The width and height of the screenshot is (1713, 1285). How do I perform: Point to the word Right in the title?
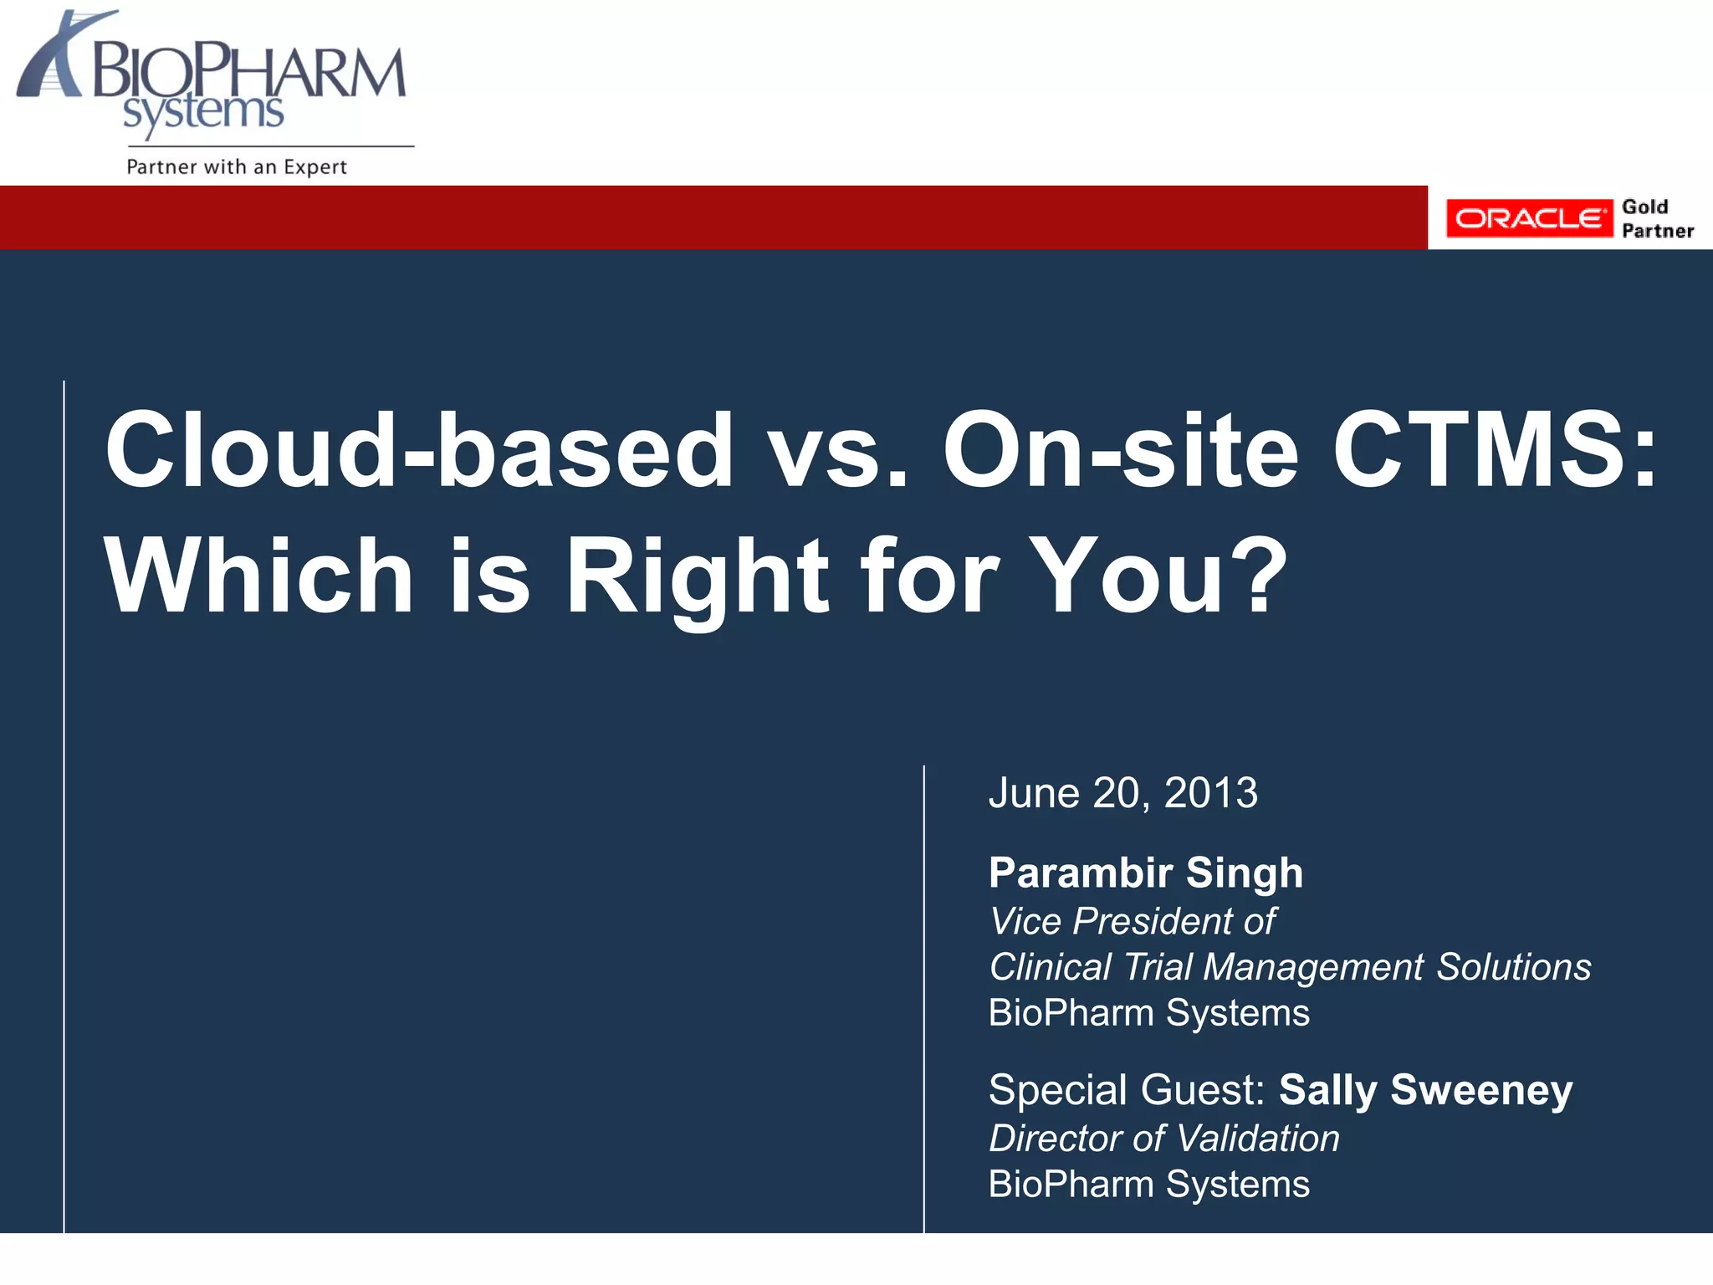pyautogui.click(x=698, y=577)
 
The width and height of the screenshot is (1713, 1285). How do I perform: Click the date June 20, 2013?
pyautogui.click(x=1122, y=792)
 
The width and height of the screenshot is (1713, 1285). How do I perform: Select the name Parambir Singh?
pyautogui.click(x=1145, y=873)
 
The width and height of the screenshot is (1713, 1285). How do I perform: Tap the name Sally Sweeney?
pyautogui.click(x=1425, y=1089)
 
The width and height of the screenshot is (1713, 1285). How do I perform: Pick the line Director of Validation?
pyautogui.click(x=1163, y=1138)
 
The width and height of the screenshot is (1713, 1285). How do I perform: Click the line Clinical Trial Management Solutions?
pyautogui.click(x=1289, y=966)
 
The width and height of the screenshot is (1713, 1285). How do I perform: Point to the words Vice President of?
pyautogui.click(x=1132, y=921)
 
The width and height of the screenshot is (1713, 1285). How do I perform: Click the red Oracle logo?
pyautogui.click(x=1528, y=218)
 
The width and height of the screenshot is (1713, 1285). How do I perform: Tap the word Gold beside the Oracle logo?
pyautogui.click(x=1644, y=207)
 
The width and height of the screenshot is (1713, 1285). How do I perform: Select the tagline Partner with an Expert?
pyautogui.click(x=236, y=166)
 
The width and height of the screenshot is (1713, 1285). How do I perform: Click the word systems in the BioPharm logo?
pyautogui.click(x=203, y=112)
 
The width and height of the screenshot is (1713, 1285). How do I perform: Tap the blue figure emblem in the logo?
pyautogui.click(x=52, y=59)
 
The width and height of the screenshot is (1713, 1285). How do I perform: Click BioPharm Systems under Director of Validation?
pyautogui.click(x=1148, y=1184)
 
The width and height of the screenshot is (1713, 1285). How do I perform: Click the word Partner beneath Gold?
pyautogui.click(x=1657, y=231)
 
